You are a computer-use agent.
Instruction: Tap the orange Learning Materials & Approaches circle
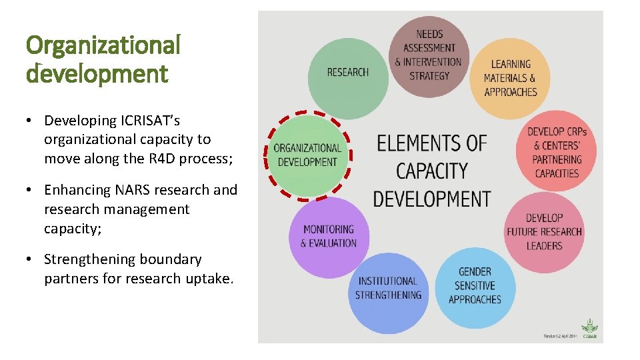pyautogui.click(x=510, y=78)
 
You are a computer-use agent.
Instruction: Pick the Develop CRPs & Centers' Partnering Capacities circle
pyautogui.click(x=557, y=153)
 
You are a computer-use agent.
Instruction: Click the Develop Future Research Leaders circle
pyautogui.click(x=544, y=232)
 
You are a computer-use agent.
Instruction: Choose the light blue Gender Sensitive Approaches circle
pyautogui.click(x=475, y=286)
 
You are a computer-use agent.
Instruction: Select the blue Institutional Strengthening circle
pyautogui.click(x=389, y=288)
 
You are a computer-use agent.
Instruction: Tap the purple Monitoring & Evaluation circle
pyautogui.click(x=329, y=237)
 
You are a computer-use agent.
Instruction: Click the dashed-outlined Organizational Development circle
pyautogui.click(x=307, y=155)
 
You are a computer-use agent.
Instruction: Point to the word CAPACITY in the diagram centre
pyautogui.click(x=431, y=171)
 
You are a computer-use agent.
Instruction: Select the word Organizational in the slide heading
pyautogui.click(x=103, y=45)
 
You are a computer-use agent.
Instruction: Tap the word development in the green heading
pyautogui.click(x=97, y=73)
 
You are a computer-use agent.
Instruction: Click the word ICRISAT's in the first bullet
pyautogui.click(x=150, y=121)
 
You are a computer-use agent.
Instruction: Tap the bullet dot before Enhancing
pyautogui.click(x=30, y=191)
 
